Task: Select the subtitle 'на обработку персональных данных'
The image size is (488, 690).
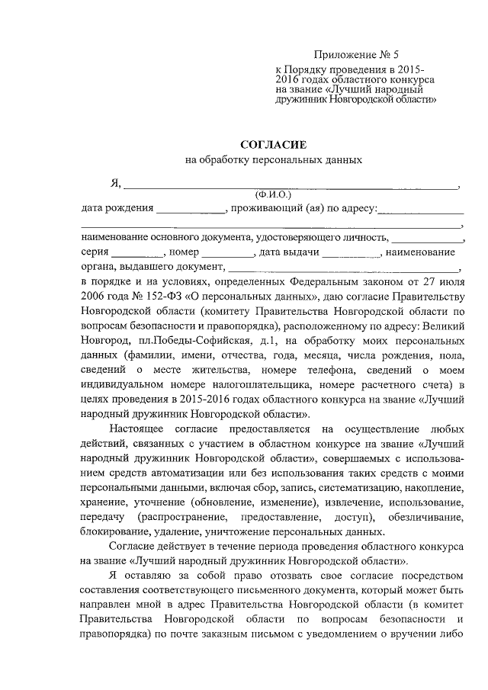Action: (273, 159)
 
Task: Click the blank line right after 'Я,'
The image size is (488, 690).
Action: (290, 184)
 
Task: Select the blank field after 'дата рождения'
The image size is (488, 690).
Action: (191, 209)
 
